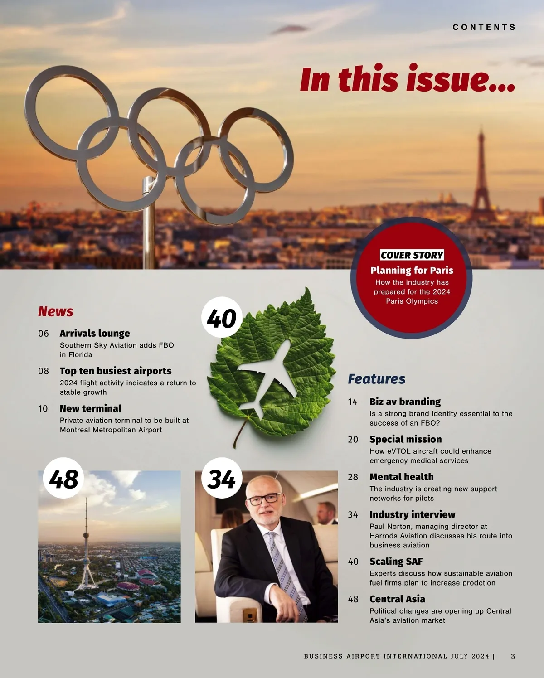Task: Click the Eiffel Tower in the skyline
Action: click(481, 181)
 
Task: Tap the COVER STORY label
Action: click(412, 255)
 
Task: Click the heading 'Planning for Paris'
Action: click(412, 270)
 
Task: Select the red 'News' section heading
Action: click(55, 311)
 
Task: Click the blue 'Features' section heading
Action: click(376, 379)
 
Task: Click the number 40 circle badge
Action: click(222, 318)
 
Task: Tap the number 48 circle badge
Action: click(63, 479)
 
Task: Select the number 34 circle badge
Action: click(222, 479)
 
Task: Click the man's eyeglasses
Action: click(263, 499)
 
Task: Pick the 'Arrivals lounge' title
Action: click(95, 334)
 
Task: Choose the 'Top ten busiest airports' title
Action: click(116, 371)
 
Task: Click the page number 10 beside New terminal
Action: click(43, 409)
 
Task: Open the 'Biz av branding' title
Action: click(405, 402)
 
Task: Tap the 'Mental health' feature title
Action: click(401, 477)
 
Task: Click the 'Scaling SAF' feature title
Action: click(396, 562)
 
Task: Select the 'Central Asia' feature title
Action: click(397, 599)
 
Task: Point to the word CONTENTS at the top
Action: click(484, 27)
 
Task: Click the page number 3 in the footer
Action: click(513, 656)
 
